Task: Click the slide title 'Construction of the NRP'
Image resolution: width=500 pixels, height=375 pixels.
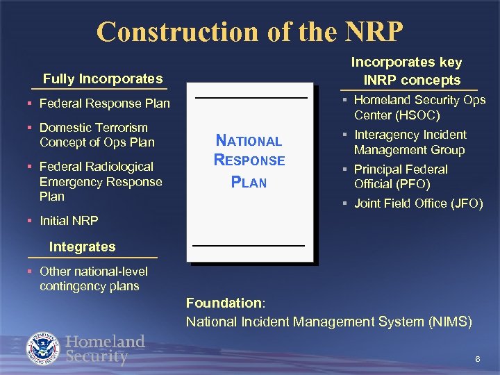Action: (250, 31)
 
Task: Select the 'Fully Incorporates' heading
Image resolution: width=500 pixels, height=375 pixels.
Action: (102, 78)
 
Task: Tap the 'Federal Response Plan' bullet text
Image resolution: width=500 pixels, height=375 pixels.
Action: (104, 104)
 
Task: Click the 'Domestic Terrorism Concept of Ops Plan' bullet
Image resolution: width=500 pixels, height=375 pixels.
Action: (97, 135)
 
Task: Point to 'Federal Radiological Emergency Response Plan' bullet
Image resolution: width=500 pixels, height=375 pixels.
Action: (101, 181)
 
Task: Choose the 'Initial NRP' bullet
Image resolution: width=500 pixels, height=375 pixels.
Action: (69, 221)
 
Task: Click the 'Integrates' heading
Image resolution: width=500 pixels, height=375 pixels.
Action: (82, 247)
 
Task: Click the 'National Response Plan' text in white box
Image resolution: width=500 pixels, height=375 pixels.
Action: (249, 161)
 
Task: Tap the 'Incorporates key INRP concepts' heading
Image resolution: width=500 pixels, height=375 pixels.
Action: (406, 71)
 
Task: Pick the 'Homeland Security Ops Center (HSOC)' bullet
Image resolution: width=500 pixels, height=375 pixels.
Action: (419, 108)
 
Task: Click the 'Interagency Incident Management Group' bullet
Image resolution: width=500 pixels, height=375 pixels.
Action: (410, 142)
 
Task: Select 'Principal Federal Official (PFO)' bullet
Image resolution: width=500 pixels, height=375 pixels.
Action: (401, 176)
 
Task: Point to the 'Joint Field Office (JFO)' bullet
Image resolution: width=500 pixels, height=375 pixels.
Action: (418, 203)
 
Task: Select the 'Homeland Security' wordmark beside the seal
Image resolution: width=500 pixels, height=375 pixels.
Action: (105, 349)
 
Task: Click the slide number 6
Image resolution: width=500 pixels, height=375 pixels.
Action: (477, 358)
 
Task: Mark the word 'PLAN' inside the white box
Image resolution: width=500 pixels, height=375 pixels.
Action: (249, 183)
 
